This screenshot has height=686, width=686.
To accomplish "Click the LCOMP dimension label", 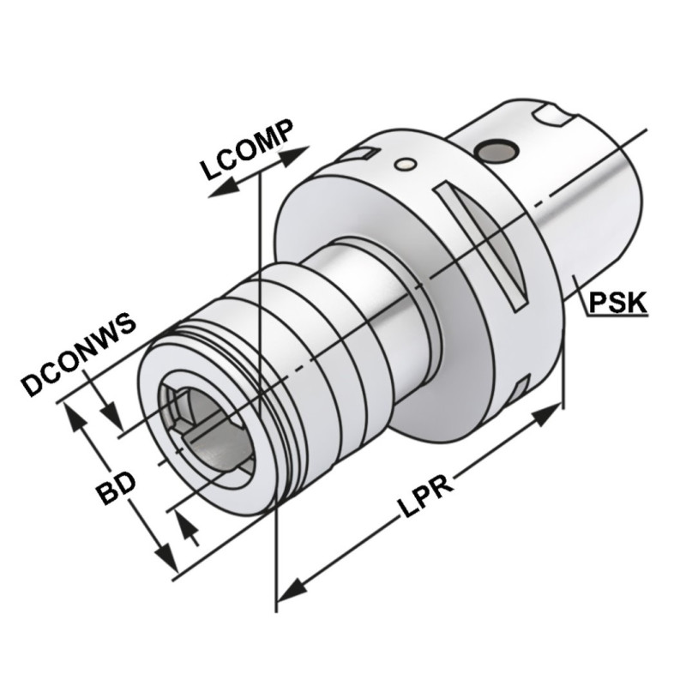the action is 246,149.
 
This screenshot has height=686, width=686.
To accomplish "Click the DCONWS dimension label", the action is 79,355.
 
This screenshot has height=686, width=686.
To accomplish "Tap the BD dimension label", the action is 116,488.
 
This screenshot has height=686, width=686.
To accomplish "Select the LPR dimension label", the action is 425,496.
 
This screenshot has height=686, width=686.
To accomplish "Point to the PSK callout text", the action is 617,303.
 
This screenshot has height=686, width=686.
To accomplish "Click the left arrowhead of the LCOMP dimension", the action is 224,189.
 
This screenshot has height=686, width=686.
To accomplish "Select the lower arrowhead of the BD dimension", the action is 166,557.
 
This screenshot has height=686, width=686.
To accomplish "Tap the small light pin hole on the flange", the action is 405,164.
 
